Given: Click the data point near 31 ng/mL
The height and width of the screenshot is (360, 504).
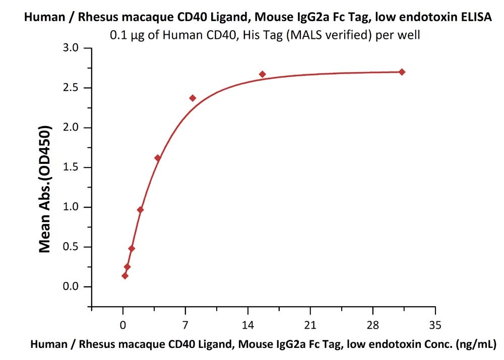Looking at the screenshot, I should coord(402,72).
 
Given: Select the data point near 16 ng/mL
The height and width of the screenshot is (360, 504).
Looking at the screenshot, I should coord(262,74).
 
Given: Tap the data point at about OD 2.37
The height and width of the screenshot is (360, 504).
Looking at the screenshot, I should coord(193,98).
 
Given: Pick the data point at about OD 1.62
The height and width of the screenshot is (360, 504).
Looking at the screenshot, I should coord(158,158).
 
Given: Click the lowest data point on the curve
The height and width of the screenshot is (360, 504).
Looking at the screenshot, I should coord(125,276).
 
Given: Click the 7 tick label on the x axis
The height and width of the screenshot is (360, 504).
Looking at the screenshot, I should coord(185,324).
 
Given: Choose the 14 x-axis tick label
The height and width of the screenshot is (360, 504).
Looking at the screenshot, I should coord(247,324).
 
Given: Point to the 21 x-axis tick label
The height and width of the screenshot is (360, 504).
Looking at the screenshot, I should coord(310,324).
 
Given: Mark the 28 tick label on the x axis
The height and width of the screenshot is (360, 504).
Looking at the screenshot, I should coord(372,324).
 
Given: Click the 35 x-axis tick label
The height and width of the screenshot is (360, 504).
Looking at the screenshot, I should coord(435,324).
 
